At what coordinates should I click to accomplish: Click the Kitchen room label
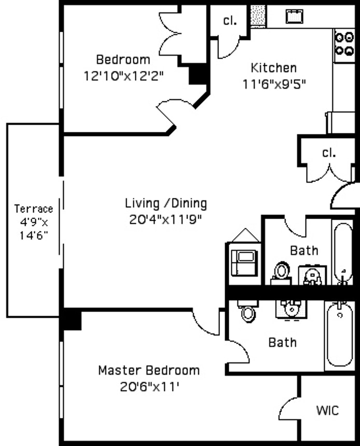[x=273, y=67]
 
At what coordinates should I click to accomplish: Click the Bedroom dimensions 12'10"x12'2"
[x=123, y=76]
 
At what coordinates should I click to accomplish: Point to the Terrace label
[x=33, y=209]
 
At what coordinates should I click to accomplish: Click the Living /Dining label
[x=166, y=203]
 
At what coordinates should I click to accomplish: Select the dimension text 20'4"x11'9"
[x=165, y=219]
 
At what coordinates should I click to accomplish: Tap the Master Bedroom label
[x=149, y=370]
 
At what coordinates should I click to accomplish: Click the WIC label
[x=328, y=410]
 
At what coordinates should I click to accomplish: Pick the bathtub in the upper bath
[x=343, y=251]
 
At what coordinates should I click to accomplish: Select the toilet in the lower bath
[x=248, y=313]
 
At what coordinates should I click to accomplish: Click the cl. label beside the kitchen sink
[x=230, y=21]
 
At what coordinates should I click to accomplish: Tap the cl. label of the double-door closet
[x=329, y=153]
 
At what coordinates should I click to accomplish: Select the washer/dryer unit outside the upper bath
[x=244, y=262]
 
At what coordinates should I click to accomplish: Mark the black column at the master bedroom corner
[x=71, y=319]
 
